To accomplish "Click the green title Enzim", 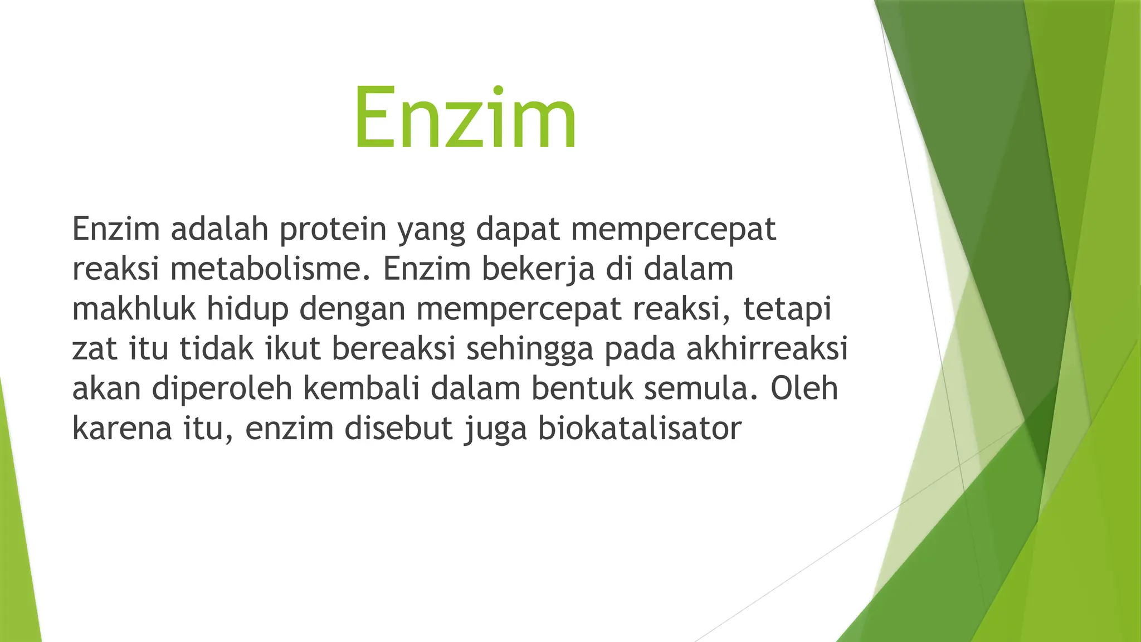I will [x=465, y=118].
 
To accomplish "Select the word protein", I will [x=333, y=229].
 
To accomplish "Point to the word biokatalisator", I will [x=639, y=429].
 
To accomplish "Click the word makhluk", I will [x=134, y=309].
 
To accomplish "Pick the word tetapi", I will [x=787, y=309].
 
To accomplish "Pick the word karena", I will [x=122, y=429].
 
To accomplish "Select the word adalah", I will [x=220, y=229].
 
